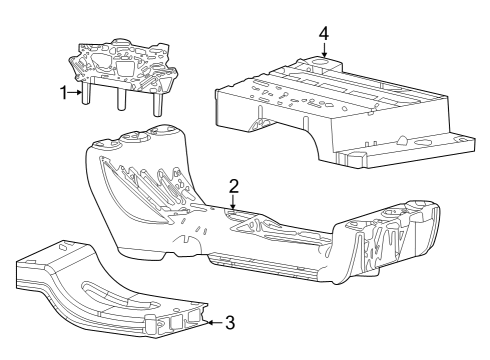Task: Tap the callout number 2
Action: [x=233, y=186]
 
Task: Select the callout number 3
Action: [x=229, y=322]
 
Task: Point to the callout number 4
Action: [x=323, y=33]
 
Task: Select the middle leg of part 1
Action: [x=121, y=100]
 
